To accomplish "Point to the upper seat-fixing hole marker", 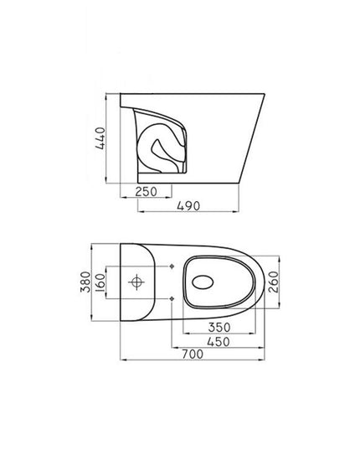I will coord(172,268).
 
